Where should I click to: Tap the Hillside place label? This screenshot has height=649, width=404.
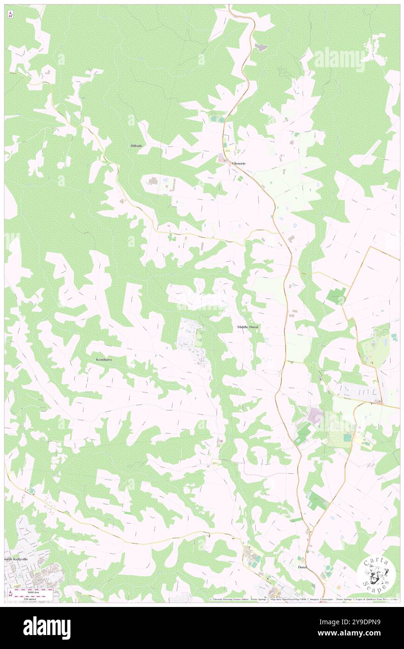pos(136,146)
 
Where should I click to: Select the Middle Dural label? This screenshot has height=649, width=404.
pos(247,327)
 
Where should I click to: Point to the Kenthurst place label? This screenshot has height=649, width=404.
pos(104,360)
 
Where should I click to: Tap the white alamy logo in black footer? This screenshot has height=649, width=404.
pos(47,628)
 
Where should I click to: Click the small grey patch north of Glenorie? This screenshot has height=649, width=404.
pos(260,48)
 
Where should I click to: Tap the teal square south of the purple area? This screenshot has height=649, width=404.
pos(347,437)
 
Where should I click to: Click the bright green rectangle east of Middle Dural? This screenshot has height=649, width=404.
pos(336,296)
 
